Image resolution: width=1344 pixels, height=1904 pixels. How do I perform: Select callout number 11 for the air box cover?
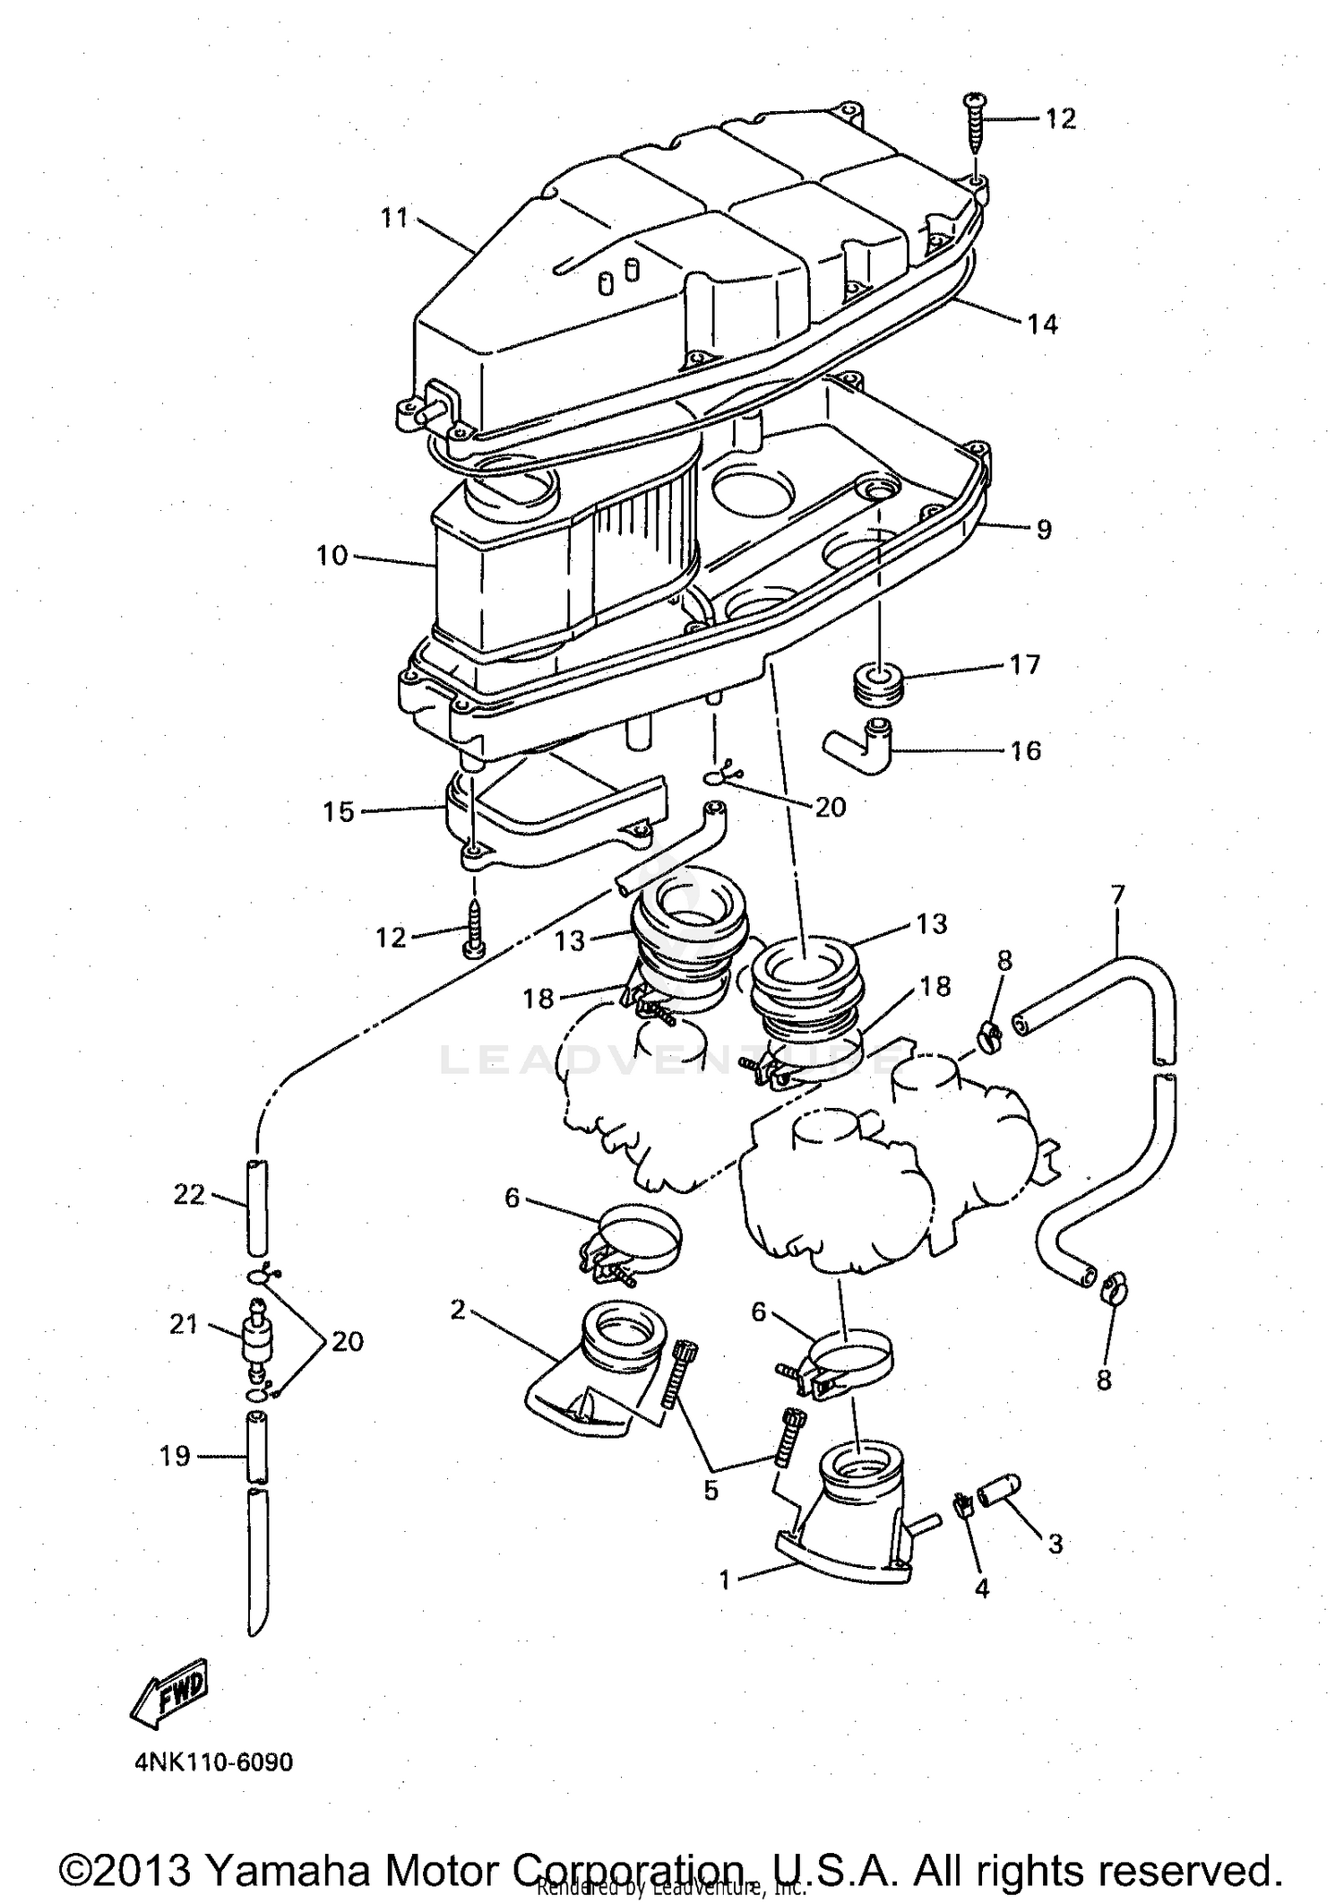coord(394,218)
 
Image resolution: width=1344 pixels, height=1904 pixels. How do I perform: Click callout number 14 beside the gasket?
coord(1042,324)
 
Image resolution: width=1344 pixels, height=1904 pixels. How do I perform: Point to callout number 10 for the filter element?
coord(331,556)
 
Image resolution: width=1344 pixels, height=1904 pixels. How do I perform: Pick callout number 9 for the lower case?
coord(1044,529)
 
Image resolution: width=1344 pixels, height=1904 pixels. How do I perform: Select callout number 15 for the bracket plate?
coord(339,812)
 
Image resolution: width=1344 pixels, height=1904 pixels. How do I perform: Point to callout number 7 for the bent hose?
coord(1117,895)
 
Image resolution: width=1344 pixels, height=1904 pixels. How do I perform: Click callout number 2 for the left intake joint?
coord(458,1311)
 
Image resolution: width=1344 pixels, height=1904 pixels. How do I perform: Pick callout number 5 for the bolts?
coord(711,1491)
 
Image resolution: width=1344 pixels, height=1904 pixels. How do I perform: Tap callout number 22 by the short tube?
coord(189,1194)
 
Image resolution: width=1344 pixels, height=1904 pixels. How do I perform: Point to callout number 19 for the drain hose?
coord(176,1456)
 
